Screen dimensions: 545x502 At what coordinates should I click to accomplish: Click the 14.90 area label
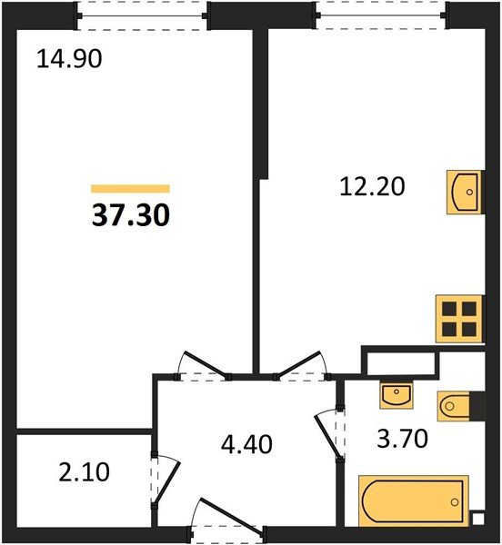pyautogui.click(x=68, y=60)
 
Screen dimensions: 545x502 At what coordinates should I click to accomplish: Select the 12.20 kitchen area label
pyautogui.click(x=370, y=187)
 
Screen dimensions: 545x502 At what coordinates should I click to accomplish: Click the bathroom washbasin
pyautogui.click(x=395, y=395)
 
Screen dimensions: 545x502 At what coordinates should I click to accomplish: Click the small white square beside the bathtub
pyautogui.click(x=477, y=520)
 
